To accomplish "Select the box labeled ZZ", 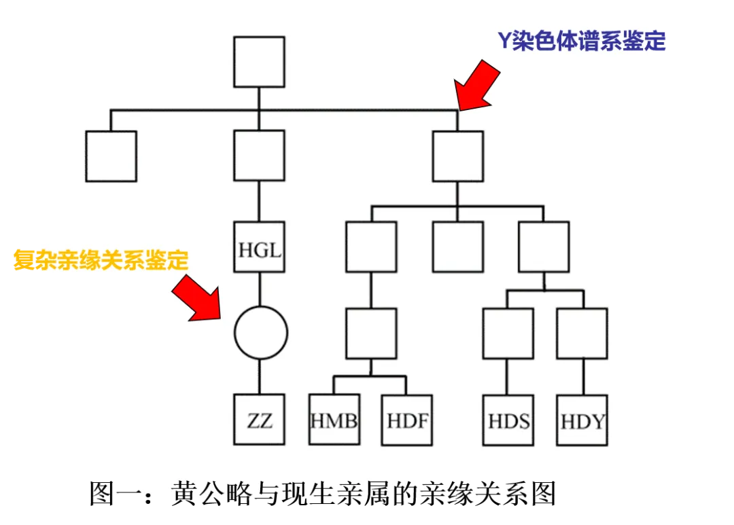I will point(260,420).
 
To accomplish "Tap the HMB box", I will point(334,420).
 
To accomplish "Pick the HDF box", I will point(407,420).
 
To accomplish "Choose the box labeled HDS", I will point(508,420).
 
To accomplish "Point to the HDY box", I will point(582,420).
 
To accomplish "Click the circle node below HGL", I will point(260,333).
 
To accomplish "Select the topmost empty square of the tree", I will point(259,62).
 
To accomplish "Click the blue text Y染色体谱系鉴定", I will point(582,41).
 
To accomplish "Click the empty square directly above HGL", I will point(259,156).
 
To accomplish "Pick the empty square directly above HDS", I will point(508,333).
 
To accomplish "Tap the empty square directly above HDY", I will point(582,333).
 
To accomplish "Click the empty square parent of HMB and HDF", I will point(370,333).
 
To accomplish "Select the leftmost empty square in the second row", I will point(111,156).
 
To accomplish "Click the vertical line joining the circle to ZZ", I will point(260,376).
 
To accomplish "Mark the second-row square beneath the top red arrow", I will point(458,156).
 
